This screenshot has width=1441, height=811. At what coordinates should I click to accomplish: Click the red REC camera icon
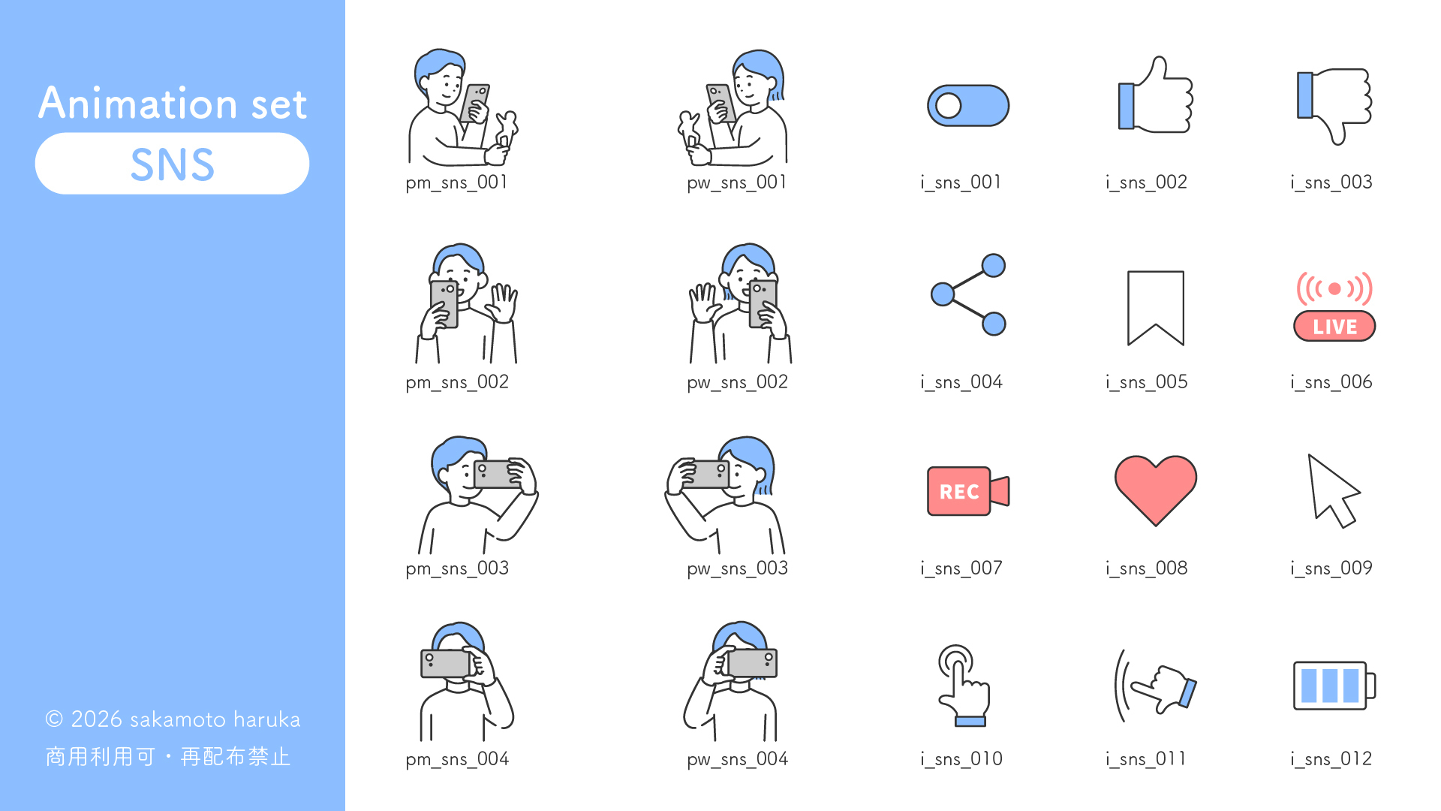pos(968,491)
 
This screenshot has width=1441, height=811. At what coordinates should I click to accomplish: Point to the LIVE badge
pos(1334,326)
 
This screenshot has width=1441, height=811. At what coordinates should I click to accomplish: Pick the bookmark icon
pos(1156,308)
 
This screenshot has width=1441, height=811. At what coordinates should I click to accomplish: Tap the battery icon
pos(1334,685)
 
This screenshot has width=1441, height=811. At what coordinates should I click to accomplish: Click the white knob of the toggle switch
pos(949,106)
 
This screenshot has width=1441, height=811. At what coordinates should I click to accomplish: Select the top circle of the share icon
pos(994,265)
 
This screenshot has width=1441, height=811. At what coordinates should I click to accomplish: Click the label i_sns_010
pos(961,759)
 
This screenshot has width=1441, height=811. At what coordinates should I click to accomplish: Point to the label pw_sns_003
pos(738,568)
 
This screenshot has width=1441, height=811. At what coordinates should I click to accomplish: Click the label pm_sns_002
pos(457,382)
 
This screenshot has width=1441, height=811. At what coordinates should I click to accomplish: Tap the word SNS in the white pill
pos(173,164)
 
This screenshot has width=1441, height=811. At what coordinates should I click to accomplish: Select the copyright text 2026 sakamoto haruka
pos(185,719)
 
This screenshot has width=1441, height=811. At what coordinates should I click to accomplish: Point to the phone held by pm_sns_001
pos(474,103)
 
